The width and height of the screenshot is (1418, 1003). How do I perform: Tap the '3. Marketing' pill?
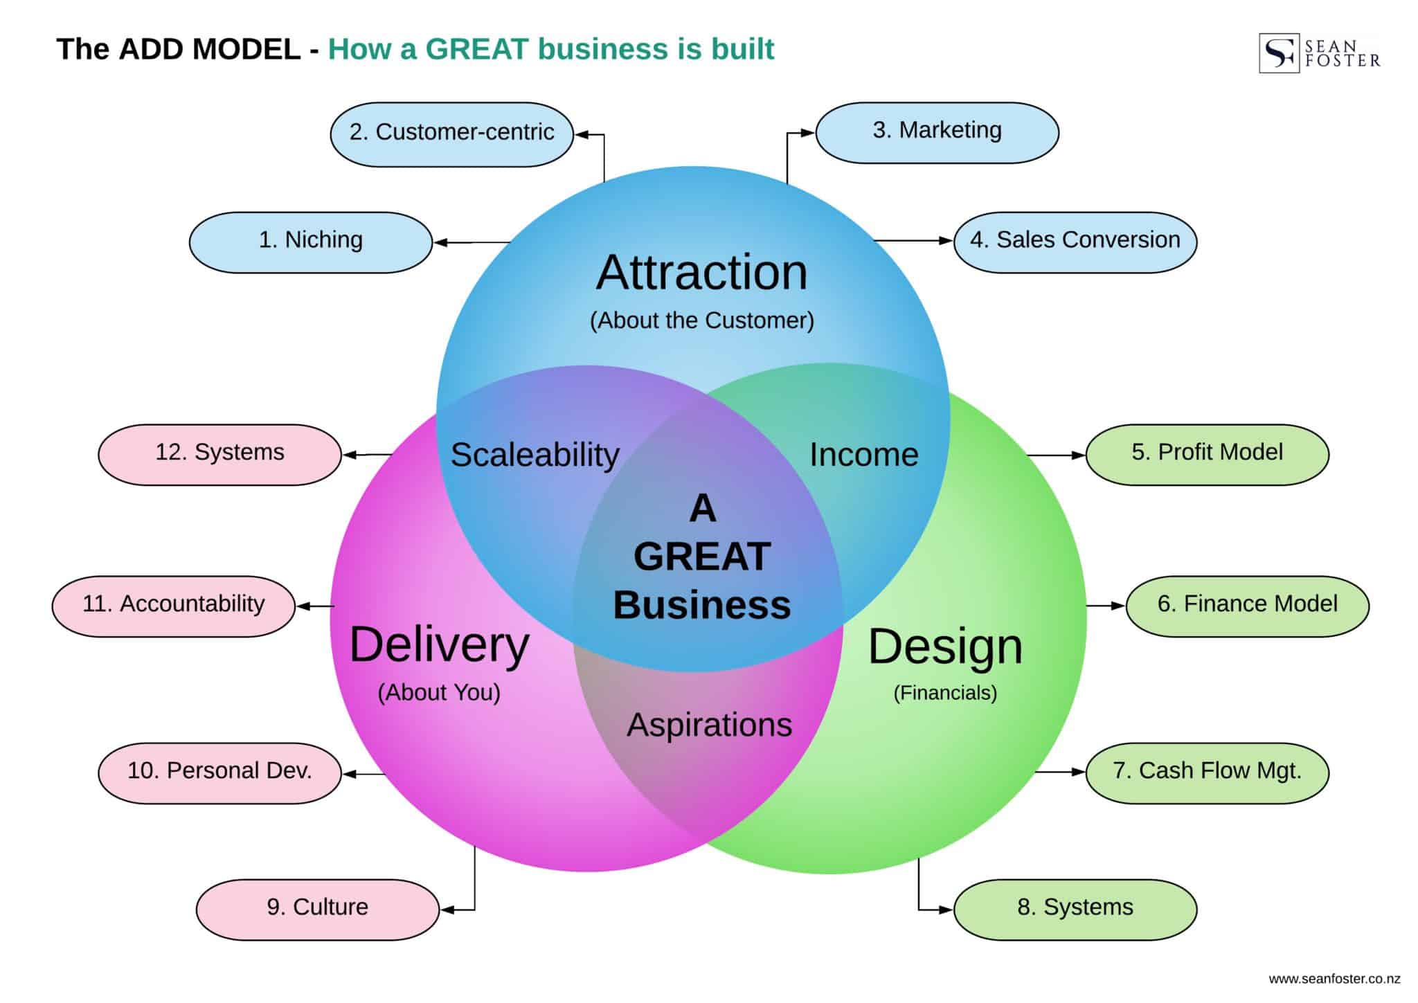937,132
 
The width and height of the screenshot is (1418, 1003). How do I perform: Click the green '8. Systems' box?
1075,910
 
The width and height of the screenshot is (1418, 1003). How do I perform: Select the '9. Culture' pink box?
317,910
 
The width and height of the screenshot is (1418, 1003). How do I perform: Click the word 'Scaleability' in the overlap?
535,455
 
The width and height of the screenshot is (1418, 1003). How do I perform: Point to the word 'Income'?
863,455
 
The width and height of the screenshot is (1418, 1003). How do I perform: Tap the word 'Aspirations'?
709,725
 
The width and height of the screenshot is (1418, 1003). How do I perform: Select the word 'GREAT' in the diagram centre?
702,557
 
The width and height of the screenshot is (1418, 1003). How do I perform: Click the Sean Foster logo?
1319,53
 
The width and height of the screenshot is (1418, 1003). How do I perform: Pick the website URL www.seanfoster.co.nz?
1334,979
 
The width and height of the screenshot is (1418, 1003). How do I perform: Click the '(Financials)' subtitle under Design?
945,693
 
